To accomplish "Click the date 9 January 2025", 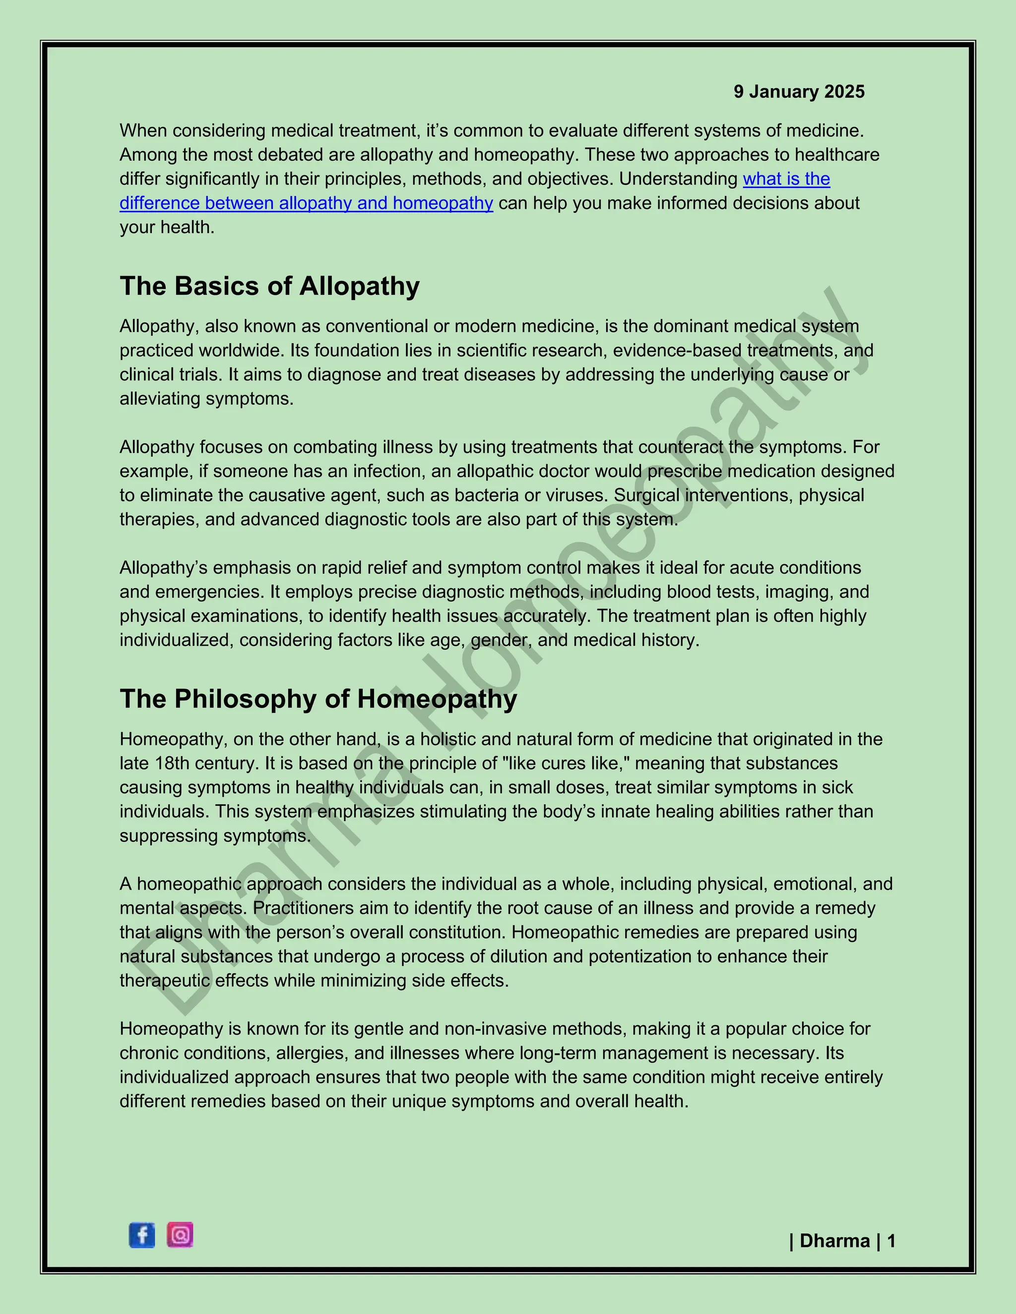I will coord(799,91).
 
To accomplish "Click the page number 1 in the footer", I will coord(891,1241).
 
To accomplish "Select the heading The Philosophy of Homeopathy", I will coord(318,699).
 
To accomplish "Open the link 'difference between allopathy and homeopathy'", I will coord(307,203).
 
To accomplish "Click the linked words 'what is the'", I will coord(786,179).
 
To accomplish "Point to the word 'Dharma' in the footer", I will coord(835,1241).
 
